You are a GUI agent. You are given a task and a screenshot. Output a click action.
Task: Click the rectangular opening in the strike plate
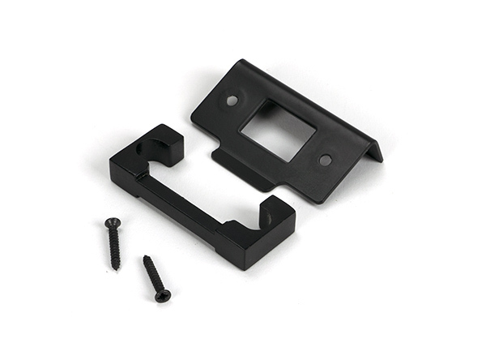pos(278,130)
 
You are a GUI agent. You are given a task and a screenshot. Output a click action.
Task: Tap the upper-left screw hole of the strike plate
pos(232,101)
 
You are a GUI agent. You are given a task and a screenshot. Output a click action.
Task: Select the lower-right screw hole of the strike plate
pos(325,160)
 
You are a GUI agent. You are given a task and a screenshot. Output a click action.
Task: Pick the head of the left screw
pos(112,222)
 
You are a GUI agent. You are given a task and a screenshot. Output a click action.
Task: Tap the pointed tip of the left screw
pos(118,268)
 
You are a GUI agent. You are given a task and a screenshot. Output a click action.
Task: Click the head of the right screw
pos(163,295)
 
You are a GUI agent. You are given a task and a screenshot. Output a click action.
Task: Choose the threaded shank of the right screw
pos(153,275)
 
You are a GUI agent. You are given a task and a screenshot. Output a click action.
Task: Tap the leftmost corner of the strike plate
pos(192,121)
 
